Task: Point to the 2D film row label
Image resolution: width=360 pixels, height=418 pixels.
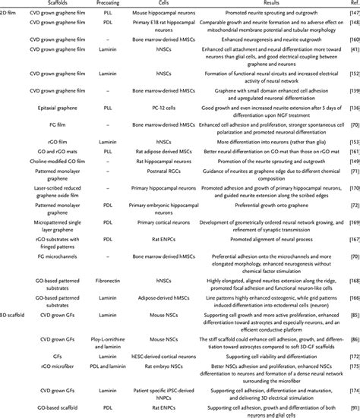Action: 12,16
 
